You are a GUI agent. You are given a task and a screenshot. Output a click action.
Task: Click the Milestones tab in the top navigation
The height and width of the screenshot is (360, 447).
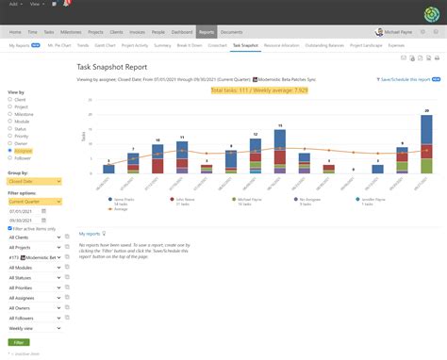click(x=69, y=31)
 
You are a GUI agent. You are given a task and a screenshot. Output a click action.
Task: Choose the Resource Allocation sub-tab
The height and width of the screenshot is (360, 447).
click(x=280, y=44)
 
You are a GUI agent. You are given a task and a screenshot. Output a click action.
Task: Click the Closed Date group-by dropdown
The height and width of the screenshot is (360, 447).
click(x=33, y=183)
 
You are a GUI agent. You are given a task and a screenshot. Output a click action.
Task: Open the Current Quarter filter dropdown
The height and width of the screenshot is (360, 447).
click(x=33, y=202)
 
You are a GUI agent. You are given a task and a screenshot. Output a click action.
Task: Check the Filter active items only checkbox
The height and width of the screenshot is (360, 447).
click(x=9, y=229)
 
